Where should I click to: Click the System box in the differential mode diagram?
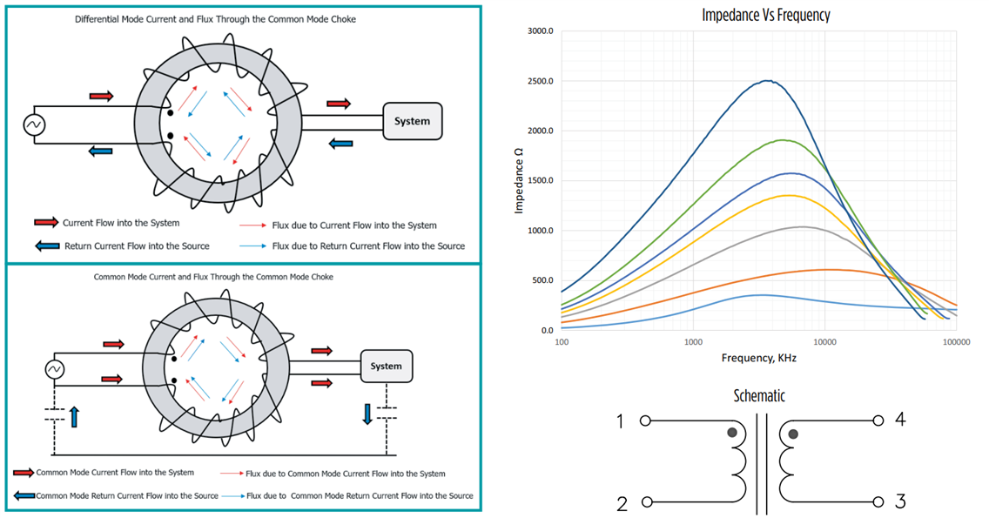[x=413, y=121]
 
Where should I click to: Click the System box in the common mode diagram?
[x=386, y=366]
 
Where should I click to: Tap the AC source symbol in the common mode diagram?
[x=54, y=369]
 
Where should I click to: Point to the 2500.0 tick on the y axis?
[x=541, y=81]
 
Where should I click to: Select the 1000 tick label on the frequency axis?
[x=693, y=342]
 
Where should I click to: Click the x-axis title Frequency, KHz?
[x=758, y=358]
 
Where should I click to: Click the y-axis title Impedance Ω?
[x=519, y=180]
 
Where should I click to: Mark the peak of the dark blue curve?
[x=766, y=81]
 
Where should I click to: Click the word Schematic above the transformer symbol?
[x=758, y=396]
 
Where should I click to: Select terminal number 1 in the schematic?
[x=621, y=422]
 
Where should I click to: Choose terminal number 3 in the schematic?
[x=900, y=501]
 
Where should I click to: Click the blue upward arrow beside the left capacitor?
[x=74, y=417]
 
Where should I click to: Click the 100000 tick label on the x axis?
[x=956, y=342]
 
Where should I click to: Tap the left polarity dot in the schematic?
[x=733, y=433]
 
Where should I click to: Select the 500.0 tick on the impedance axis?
[x=542, y=280]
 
